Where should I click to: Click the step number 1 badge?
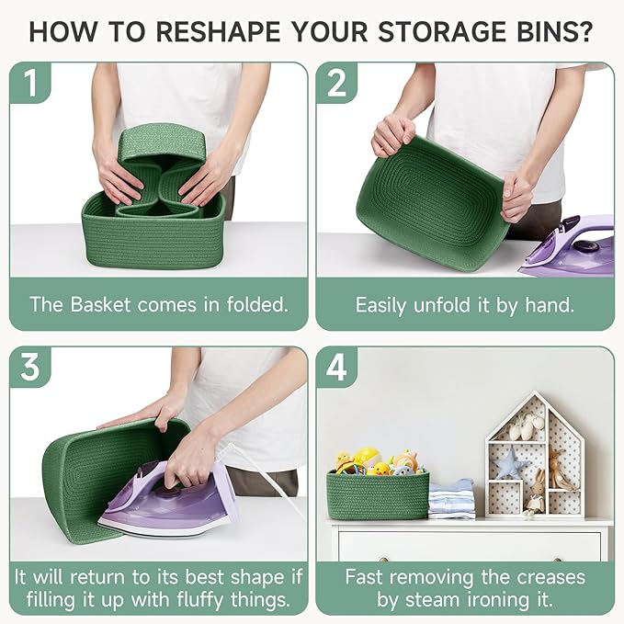click(x=30, y=83)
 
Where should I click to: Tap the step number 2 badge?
click(x=336, y=83)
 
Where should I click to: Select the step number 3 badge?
click(x=30, y=367)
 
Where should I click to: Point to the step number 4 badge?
click(x=336, y=367)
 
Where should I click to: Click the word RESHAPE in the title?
click(x=219, y=31)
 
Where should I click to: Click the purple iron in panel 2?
click(x=567, y=244)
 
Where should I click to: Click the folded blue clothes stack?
click(x=451, y=499)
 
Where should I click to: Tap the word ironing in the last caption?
click(x=494, y=600)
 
